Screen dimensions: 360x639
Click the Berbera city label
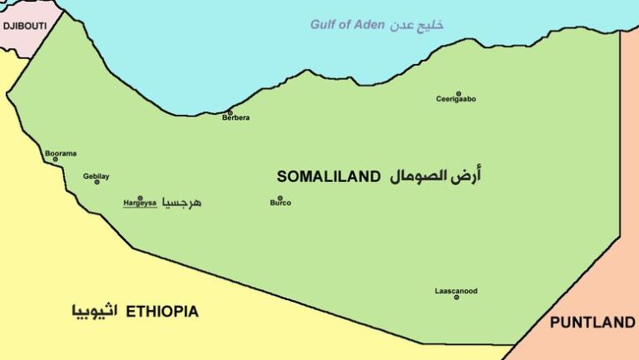point(235,118)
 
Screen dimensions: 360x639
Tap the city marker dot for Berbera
point(230,112)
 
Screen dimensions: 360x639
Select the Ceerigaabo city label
point(456,99)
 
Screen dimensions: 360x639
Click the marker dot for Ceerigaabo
point(458,93)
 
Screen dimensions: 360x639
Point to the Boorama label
point(61,153)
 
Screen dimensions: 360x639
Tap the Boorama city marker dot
point(56,160)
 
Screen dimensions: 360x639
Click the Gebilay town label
point(97,175)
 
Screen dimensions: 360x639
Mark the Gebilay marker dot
point(97,181)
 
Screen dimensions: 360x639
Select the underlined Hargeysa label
point(140,202)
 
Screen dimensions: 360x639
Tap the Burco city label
point(280,202)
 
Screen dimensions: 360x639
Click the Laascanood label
point(456,291)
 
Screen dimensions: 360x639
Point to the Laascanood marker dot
point(456,297)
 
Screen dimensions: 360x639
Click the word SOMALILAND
point(329,176)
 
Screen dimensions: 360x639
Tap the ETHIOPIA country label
point(162,312)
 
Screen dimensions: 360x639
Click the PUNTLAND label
point(592,323)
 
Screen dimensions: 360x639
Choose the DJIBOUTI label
point(24,27)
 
